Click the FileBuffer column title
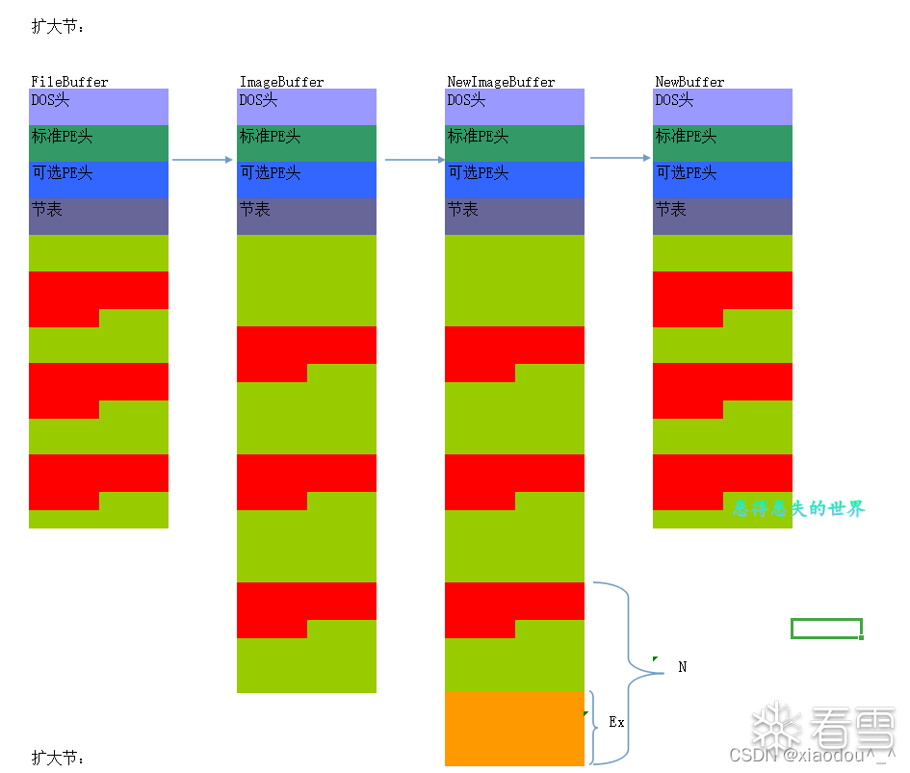[69, 82]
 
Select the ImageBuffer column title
[281, 82]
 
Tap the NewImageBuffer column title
[501, 82]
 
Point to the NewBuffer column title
[689, 82]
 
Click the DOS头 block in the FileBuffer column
[98, 106]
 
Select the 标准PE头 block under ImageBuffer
[306, 142]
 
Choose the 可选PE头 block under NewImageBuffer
[514, 179]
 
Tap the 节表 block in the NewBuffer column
[722, 216]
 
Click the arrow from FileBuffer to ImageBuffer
[202, 160]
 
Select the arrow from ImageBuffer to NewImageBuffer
[414, 160]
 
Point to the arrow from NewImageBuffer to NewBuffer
[620, 157]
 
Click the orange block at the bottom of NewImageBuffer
[514, 729]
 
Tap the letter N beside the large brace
[683, 667]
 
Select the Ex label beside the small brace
[616, 722]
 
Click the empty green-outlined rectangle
[826, 629]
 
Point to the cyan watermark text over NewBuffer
[799, 508]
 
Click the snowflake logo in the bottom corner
[776, 726]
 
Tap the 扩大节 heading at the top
[58, 27]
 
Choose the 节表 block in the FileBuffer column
[98, 216]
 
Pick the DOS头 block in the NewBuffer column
[722, 106]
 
